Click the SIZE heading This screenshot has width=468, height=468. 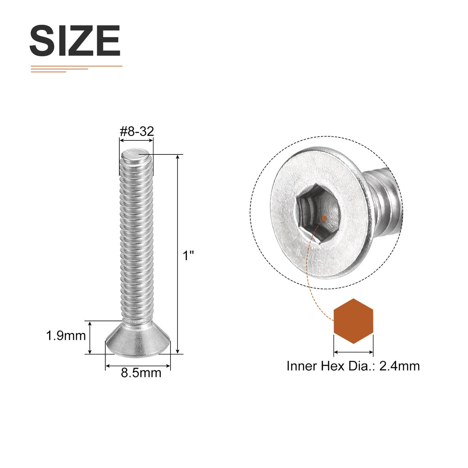tap(75, 40)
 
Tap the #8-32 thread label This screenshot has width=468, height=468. tap(137, 131)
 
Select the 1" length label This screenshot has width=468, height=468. tap(188, 256)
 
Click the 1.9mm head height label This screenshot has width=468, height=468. tap(66, 336)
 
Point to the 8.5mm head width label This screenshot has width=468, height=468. tap(141, 373)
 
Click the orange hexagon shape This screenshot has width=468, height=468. tap(353, 321)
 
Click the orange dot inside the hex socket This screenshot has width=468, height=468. tap(324, 218)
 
